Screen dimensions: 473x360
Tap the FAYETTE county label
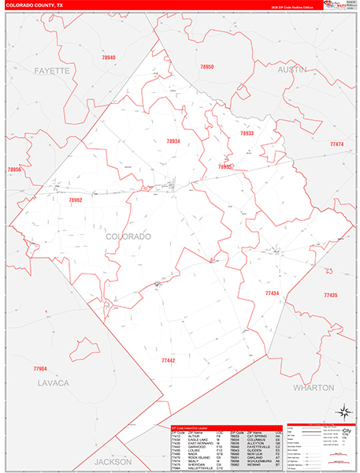click(x=52, y=71)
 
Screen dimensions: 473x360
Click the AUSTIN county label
click(x=291, y=70)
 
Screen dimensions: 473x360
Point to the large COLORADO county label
click(x=128, y=236)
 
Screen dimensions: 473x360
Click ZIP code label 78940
click(x=108, y=58)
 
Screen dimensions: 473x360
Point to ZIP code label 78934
click(x=173, y=141)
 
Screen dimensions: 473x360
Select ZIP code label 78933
click(x=247, y=133)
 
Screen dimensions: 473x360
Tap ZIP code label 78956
click(x=15, y=169)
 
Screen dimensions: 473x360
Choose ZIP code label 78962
click(x=76, y=200)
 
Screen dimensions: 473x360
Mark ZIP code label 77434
click(x=272, y=292)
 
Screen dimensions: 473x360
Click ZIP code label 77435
click(x=329, y=295)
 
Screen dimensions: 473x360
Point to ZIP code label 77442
click(x=168, y=359)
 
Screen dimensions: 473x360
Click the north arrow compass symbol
click(x=343, y=411)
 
